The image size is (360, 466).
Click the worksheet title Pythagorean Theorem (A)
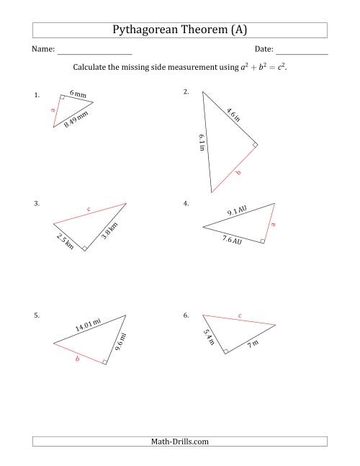click(x=180, y=30)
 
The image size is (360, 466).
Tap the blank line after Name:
click(x=94, y=54)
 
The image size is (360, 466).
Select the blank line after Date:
click(x=302, y=54)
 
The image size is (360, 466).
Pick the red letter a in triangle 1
click(x=53, y=110)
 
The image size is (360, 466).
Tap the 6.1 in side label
click(x=202, y=142)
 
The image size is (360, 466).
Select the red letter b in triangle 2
click(x=238, y=174)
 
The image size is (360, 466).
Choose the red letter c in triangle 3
click(x=89, y=210)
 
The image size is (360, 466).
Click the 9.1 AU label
click(x=238, y=212)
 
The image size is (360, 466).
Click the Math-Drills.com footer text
click(x=180, y=441)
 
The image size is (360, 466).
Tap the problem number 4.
click(x=186, y=204)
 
